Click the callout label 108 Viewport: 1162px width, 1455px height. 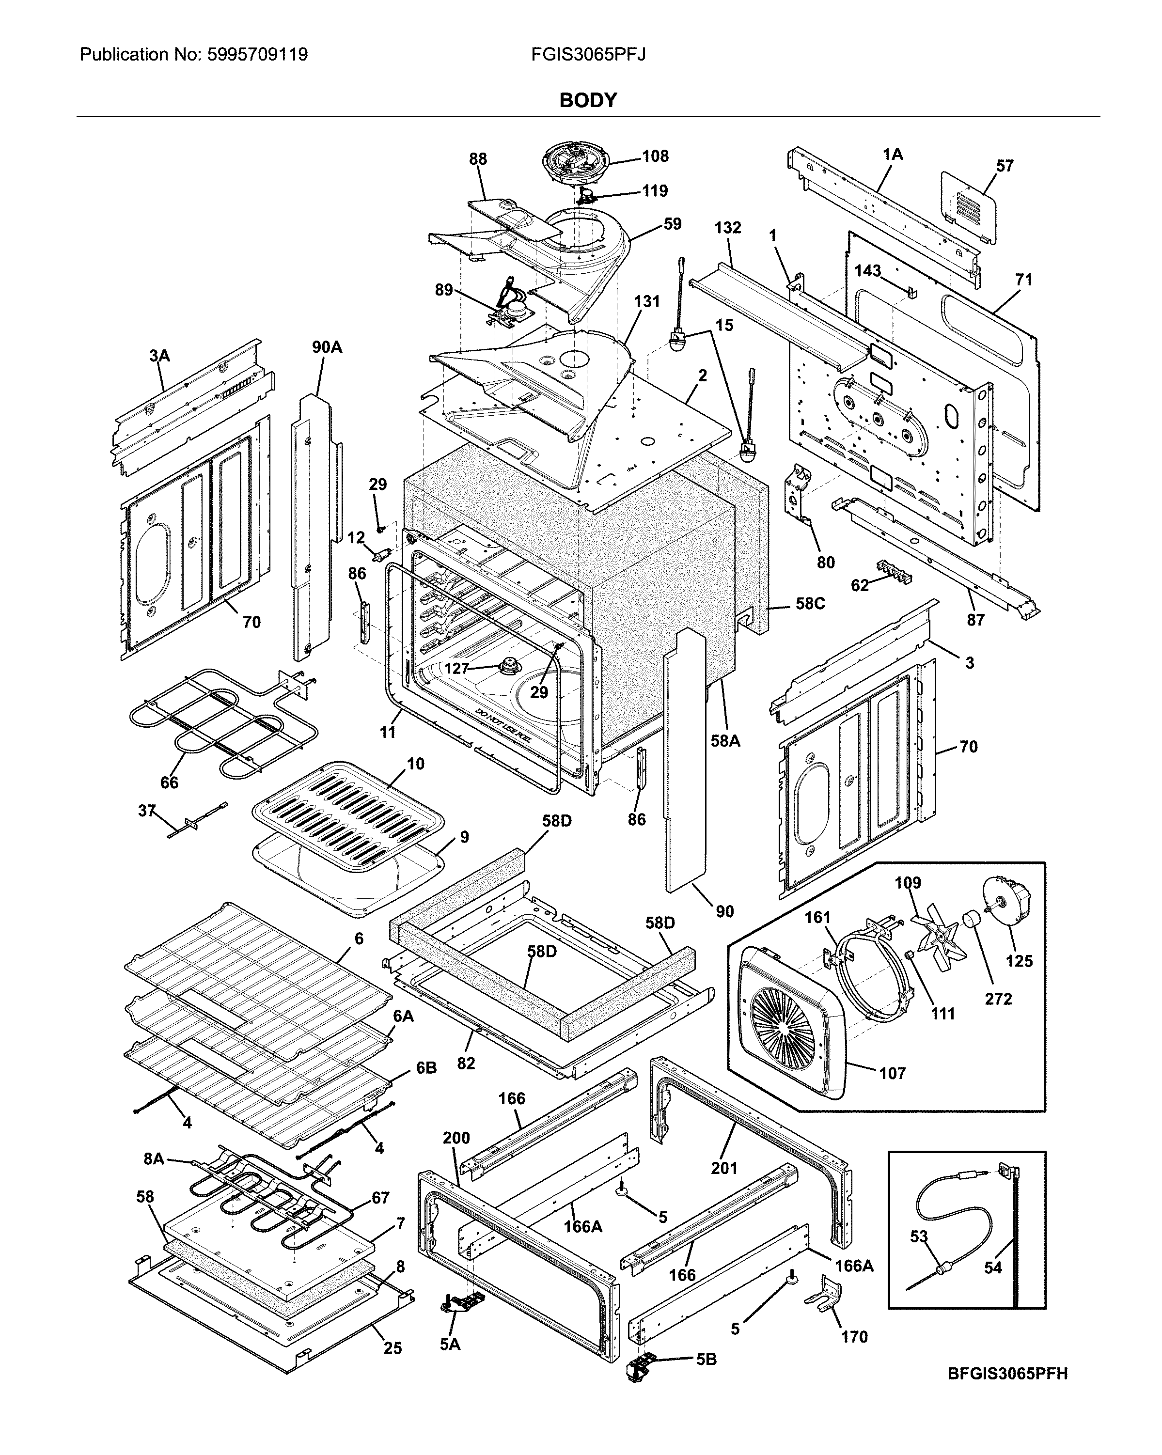[x=655, y=156]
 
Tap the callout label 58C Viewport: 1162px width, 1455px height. [x=810, y=603]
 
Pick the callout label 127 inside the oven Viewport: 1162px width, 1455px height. [x=456, y=668]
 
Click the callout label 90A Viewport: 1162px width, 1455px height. [x=327, y=347]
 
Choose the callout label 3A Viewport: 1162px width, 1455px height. [x=159, y=356]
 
